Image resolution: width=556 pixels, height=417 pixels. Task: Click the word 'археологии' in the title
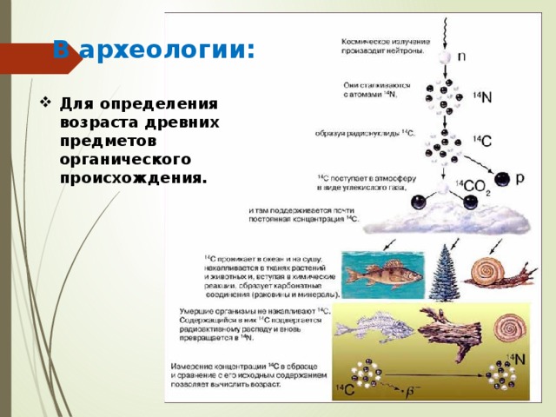(165, 49)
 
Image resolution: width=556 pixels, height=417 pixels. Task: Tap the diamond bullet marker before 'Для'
(44, 103)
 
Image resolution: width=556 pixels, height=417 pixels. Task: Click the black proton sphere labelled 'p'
(501, 180)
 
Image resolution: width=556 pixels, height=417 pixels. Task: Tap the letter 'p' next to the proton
(520, 179)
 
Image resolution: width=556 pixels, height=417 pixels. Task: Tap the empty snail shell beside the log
(506, 328)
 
